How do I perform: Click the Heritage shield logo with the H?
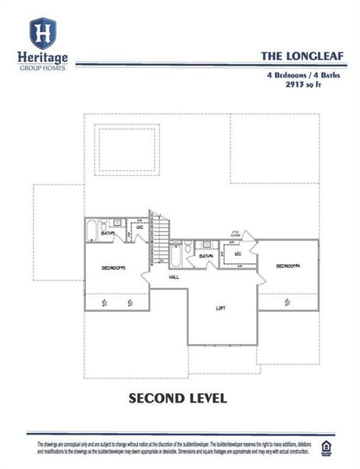[42, 34]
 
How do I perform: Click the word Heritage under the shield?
[42, 58]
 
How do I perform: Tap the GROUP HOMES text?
[42, 68]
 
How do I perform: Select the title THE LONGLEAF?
[292, 56]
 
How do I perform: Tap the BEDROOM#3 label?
[113, 268]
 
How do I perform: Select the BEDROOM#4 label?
[287, 267]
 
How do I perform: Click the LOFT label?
[221, 308]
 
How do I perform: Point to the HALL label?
[175, 276]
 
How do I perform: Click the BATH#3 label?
[109, 234]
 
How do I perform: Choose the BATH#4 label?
[206, 256]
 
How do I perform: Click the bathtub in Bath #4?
[176, 255]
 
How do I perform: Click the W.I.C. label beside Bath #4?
[238, 254]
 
